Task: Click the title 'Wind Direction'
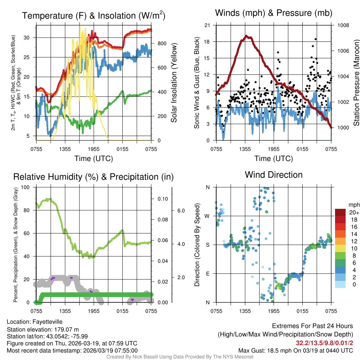[274, 175]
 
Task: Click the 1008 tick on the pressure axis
[343, 25]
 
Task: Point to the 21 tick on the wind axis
[207, 25]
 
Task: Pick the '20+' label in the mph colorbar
[354, 213]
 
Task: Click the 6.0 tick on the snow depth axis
[181, 211]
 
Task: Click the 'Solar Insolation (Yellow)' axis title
[174, 83]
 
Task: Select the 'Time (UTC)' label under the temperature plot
[94, 159]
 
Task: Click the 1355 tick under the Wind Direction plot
[245, 311]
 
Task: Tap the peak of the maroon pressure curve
[247, 36]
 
